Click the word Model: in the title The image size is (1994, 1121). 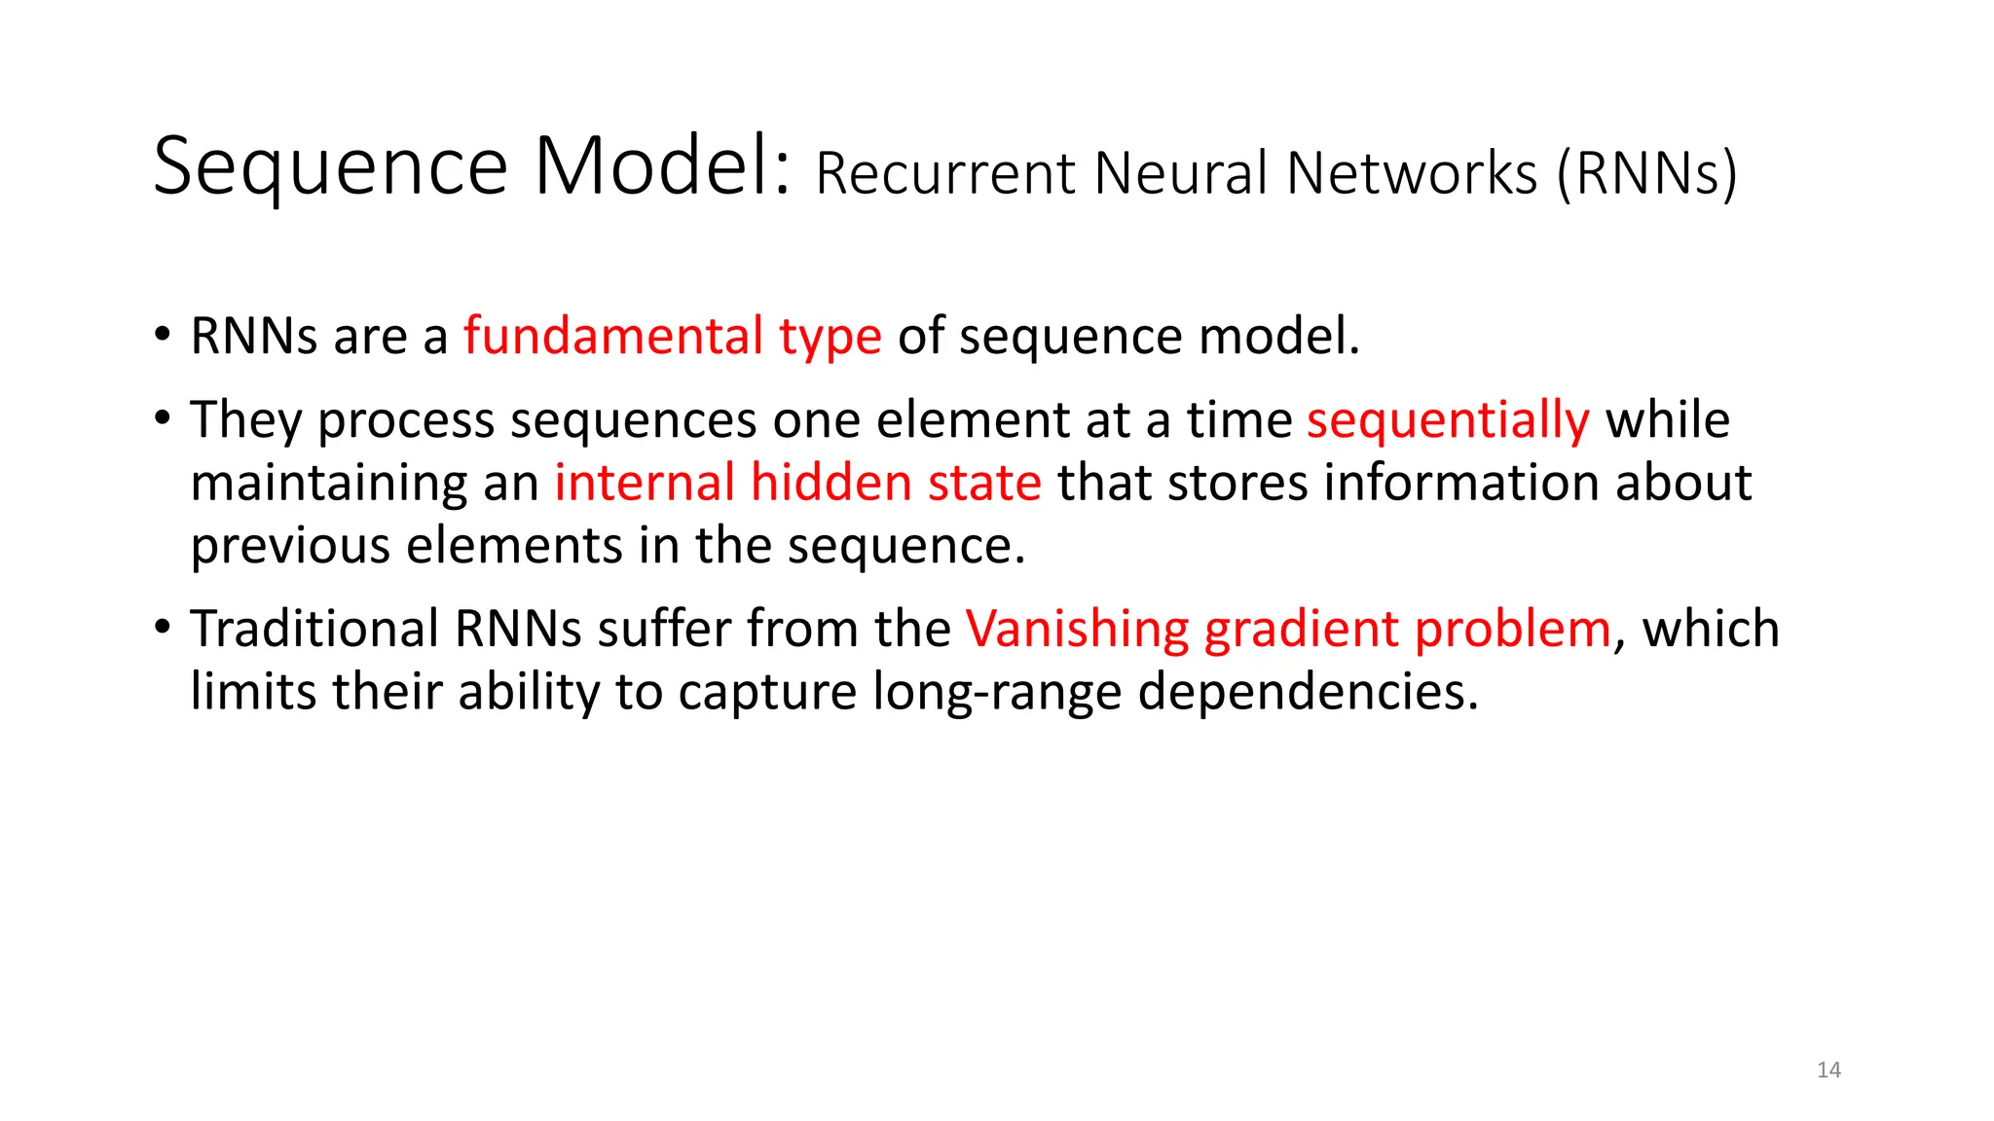tap(662, 167)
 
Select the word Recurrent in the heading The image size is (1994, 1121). tap(945, 174)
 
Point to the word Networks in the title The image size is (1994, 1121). tap(1413, 174)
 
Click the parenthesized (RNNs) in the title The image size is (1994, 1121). tap(1646, 174)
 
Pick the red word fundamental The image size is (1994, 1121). tap(612, 337)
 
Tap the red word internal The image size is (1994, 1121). tap(645, 484)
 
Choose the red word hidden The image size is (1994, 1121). tap(831, 484)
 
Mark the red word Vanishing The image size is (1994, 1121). tap(1077, 631)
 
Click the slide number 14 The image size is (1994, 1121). tap(1828, 1070)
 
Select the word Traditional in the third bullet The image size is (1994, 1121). tap(314, 630)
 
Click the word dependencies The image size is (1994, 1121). tap(1308, 694)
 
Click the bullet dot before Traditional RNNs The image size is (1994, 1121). tap(163, 626)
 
